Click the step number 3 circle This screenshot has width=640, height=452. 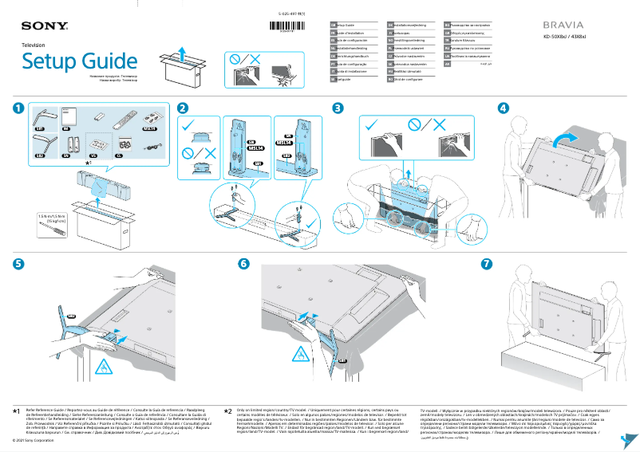click(338, 108)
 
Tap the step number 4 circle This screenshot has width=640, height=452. click(503, 108)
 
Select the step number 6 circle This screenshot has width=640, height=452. click(244, 263)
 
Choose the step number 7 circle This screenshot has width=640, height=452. click(487, 263)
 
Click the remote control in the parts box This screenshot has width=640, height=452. click(124, 121)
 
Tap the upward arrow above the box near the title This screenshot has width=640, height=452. click(183, 53)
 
